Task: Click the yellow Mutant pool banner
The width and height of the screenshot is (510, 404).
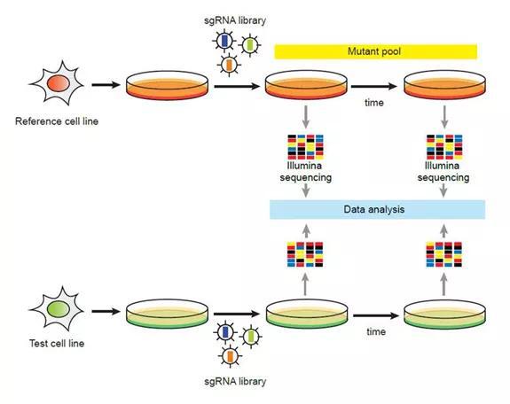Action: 376,51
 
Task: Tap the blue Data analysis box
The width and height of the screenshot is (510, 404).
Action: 377,209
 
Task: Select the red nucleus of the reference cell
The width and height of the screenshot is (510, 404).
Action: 59,83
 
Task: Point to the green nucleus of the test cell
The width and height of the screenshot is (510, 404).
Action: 59,309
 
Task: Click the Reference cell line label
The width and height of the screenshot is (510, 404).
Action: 57,121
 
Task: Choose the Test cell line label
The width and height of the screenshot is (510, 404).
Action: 57,343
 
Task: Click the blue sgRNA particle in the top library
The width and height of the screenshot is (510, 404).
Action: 224,41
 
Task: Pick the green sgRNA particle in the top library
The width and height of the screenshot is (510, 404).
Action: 249,45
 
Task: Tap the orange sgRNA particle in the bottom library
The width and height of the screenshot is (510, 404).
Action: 230,356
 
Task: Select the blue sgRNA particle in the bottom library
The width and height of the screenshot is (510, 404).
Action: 225,332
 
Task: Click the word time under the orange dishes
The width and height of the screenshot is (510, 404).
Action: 374,103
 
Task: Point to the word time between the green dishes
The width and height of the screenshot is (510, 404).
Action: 376,331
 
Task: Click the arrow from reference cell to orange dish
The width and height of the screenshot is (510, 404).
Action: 106,85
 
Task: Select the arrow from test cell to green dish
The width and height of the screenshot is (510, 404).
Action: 106,311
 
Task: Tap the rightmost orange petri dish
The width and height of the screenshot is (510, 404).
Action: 444,85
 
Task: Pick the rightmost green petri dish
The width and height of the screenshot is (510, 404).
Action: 444,314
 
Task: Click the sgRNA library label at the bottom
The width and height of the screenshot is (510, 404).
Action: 235,381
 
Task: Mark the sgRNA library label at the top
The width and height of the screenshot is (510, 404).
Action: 235,20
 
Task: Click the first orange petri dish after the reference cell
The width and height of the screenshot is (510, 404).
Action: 167,85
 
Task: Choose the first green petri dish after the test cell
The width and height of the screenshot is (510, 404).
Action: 167,314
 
